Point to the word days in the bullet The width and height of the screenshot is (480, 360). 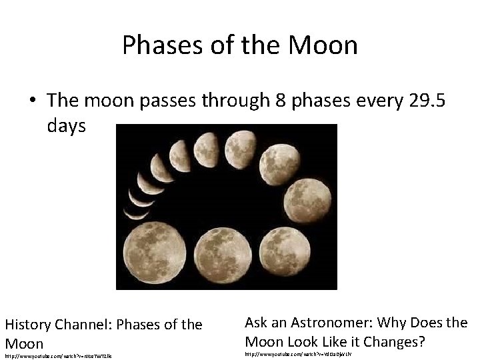67,125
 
